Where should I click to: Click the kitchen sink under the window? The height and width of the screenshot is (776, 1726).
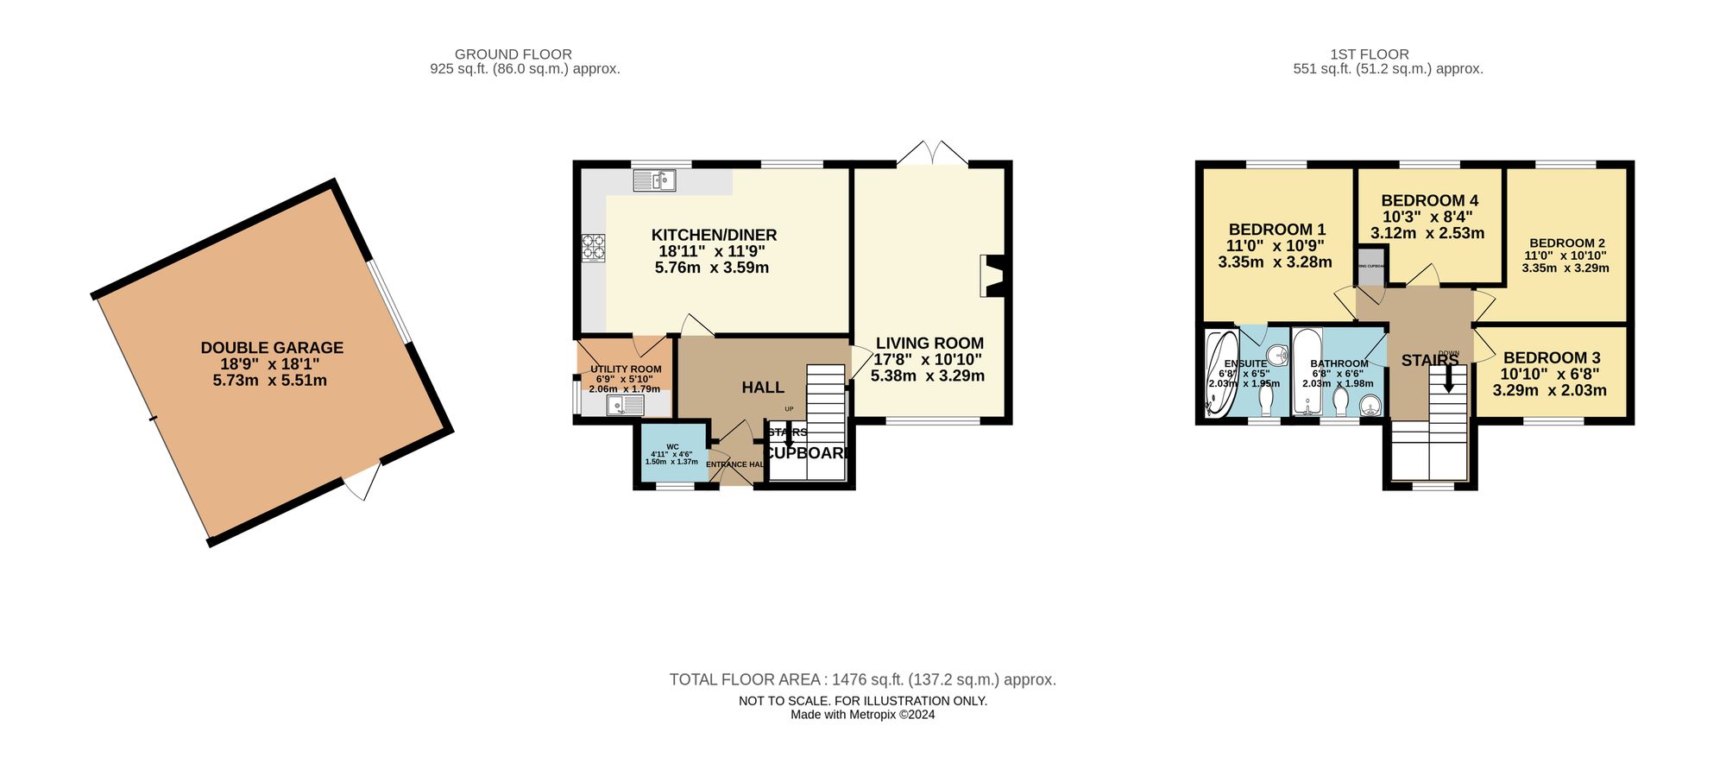654,180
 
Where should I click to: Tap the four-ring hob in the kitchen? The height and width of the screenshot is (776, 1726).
593,248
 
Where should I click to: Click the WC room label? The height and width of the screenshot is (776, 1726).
672,447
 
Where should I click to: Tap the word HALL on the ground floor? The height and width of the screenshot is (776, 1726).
763,388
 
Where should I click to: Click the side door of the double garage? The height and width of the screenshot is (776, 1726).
363,481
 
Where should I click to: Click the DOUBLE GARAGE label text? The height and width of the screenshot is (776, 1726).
272,348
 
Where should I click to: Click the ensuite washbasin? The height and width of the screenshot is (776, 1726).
1277,355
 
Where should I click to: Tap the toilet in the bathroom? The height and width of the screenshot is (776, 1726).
1340,401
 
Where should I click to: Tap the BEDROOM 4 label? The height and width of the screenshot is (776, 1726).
1429,200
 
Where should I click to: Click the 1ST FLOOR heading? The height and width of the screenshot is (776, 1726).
1369,54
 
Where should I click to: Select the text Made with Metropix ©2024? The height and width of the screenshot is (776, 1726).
862,715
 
